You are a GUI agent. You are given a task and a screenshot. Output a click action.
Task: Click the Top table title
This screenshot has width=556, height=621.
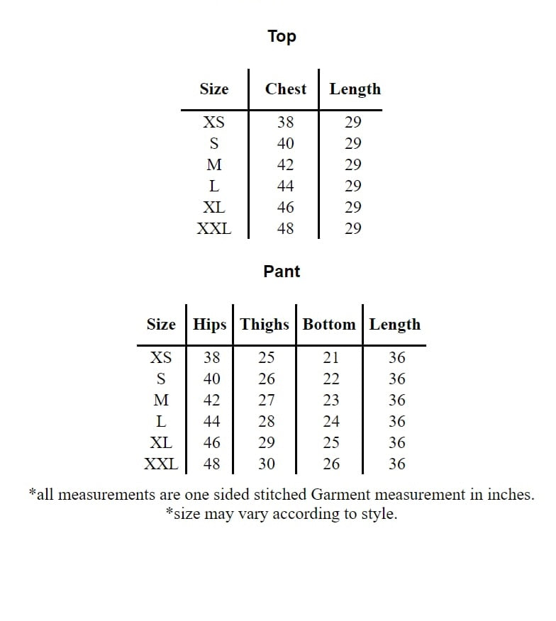coord(282,36)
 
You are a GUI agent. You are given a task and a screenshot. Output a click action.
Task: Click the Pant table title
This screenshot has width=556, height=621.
coord(282,272)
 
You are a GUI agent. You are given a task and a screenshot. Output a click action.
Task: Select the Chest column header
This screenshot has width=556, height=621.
coord(286,89)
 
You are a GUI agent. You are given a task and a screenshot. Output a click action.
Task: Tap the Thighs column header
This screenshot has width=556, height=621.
coord(265,325)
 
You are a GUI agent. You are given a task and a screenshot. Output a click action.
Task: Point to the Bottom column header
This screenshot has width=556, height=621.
coord(329,325)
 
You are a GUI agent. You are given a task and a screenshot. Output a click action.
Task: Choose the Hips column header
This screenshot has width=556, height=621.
coord(210,325)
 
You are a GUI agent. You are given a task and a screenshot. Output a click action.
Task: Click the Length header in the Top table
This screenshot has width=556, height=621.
coord(355,89)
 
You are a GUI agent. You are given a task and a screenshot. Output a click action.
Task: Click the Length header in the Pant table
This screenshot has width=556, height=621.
coord(394,325)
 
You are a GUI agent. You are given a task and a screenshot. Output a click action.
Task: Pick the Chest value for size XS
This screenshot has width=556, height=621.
coord(285,122)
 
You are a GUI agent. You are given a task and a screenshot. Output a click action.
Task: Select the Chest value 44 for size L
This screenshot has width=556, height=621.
coord(285,186)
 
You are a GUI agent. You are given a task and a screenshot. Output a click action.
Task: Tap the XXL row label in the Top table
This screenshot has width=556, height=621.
coord(213,228)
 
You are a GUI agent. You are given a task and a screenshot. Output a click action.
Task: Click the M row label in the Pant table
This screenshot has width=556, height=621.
coord(161,400)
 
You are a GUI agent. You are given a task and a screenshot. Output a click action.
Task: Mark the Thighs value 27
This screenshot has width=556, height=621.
coord(267,400)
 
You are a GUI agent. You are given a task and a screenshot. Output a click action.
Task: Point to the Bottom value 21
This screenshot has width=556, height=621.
coord(330,357)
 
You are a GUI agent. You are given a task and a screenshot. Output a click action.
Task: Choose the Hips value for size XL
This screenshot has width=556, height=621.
coord(211,442)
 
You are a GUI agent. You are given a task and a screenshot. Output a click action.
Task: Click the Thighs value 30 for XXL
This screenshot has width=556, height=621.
coord(267,464)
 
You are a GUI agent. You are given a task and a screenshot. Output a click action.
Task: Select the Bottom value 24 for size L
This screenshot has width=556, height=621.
coord(330,421)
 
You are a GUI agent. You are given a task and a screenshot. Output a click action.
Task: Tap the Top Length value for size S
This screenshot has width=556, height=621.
coord(352,143)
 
